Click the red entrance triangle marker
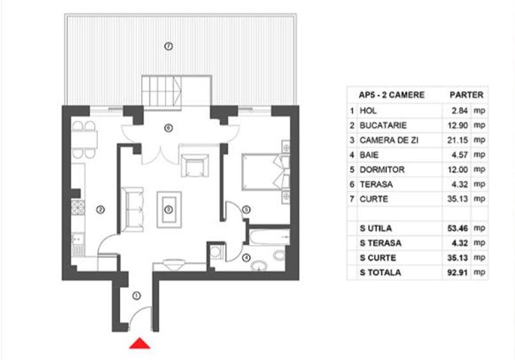(x=140, y=344)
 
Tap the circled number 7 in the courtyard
(x=168, y=46)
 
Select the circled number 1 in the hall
(x=137, y=296)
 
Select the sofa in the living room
(x=133, y=208)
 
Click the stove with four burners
(x=79, y=208)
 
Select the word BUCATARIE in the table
(x=383, y=125)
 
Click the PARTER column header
(x=466, y=95)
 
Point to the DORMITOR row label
(x=382, y=170)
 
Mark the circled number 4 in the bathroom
(x=247, y=258)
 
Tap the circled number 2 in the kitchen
(x=100, y=209)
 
